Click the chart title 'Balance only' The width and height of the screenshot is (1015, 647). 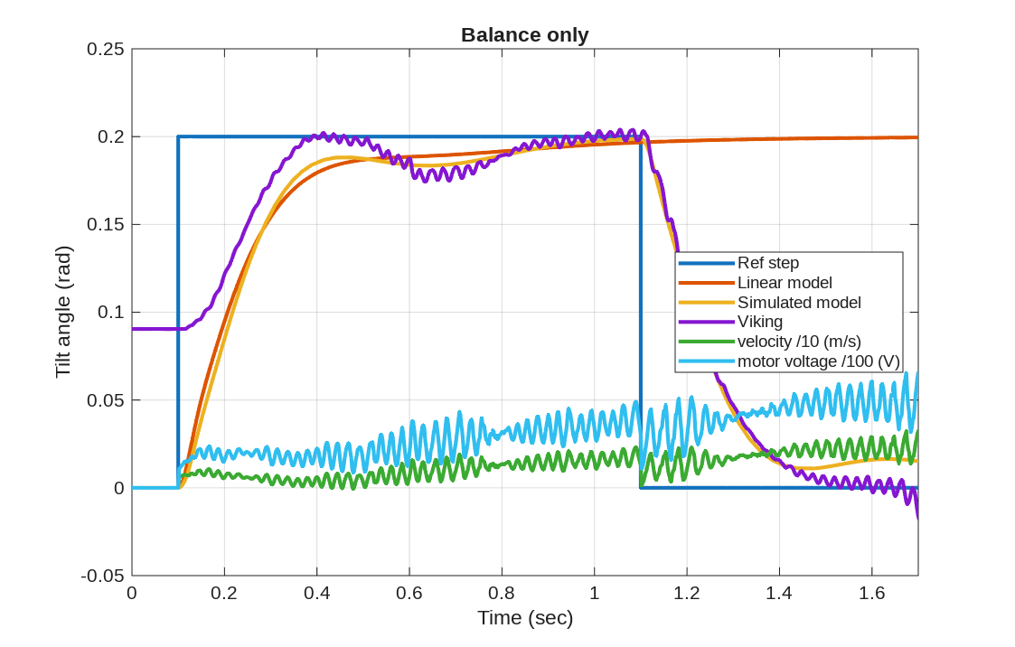click(x=524, y=35)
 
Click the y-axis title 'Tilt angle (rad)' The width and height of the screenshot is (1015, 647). click(x=62, y=312)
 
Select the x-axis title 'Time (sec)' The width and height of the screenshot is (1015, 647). click(x=525, y=618)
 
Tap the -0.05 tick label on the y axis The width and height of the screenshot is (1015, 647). click(x=101, y=576)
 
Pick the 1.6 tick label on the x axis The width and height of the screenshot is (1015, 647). click(x=871, y=594)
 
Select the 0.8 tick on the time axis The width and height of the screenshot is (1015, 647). click(x=502, y=594)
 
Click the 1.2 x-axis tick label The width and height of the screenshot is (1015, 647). click(x=687, y=594)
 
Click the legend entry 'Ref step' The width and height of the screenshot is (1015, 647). click(x=768, y=263)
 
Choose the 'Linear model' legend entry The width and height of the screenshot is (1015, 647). click(x=785, y=283)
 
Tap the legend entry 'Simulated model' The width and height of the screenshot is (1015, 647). click(x=799, y=302)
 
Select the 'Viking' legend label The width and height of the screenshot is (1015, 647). click(x=760, y=322)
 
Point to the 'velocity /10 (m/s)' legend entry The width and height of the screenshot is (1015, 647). click(x=799, y=341)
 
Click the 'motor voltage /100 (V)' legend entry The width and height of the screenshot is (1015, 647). click(x=819, y=361)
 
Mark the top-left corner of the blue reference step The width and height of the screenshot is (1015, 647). click(x=178, y=136)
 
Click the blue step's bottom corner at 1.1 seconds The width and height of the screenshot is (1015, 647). click(x=641, y=488)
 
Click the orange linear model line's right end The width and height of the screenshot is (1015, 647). click(x=916, y=137)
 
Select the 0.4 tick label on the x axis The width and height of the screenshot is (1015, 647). click(x=316, y=594)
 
